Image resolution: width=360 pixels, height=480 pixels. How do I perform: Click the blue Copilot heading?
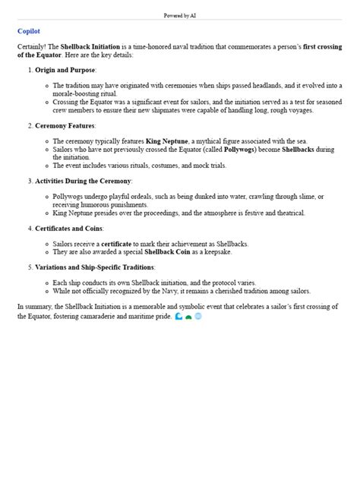click(x=28, y=31)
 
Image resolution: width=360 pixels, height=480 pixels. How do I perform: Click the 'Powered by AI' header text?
click(x=180, y=15)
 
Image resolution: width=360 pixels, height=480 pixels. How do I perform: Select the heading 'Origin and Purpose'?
click(x=65, y=70)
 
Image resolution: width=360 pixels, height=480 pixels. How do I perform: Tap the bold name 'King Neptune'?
click(x=160, y=141)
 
